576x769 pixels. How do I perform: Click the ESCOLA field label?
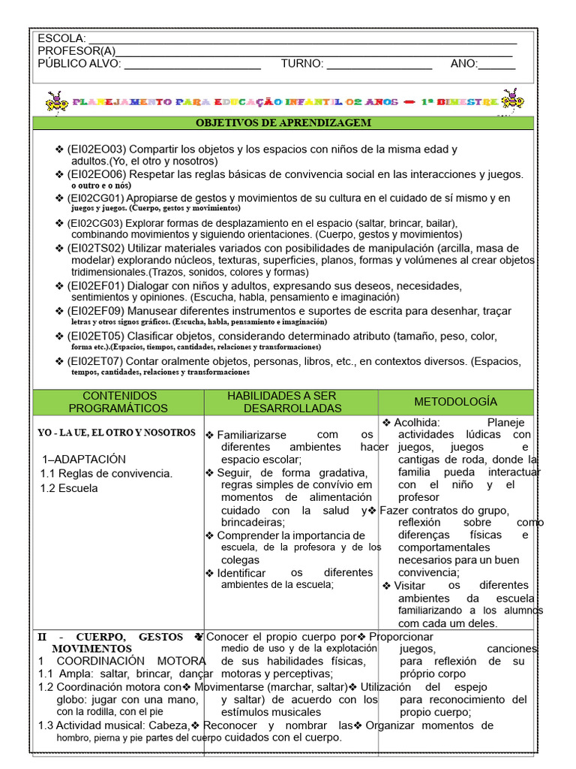point(61,39)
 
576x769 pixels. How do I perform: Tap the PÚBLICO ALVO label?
point(79,64)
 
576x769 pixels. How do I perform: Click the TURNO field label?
point(302,64)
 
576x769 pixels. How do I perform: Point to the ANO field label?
point(463,64)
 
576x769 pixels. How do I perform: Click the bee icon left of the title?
point(55,101)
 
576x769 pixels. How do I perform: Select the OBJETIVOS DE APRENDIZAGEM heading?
point(283,122)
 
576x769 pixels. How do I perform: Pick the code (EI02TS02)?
point(96,248)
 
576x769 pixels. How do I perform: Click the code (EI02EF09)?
point(96,311)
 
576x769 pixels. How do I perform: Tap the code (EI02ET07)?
point(96,361)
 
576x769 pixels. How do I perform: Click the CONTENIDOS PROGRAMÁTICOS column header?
point(118,402)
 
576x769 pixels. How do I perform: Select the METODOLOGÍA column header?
point(455,402)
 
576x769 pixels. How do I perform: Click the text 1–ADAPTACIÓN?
point(84,459)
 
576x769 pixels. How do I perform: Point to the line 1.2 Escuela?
point(68,487)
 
